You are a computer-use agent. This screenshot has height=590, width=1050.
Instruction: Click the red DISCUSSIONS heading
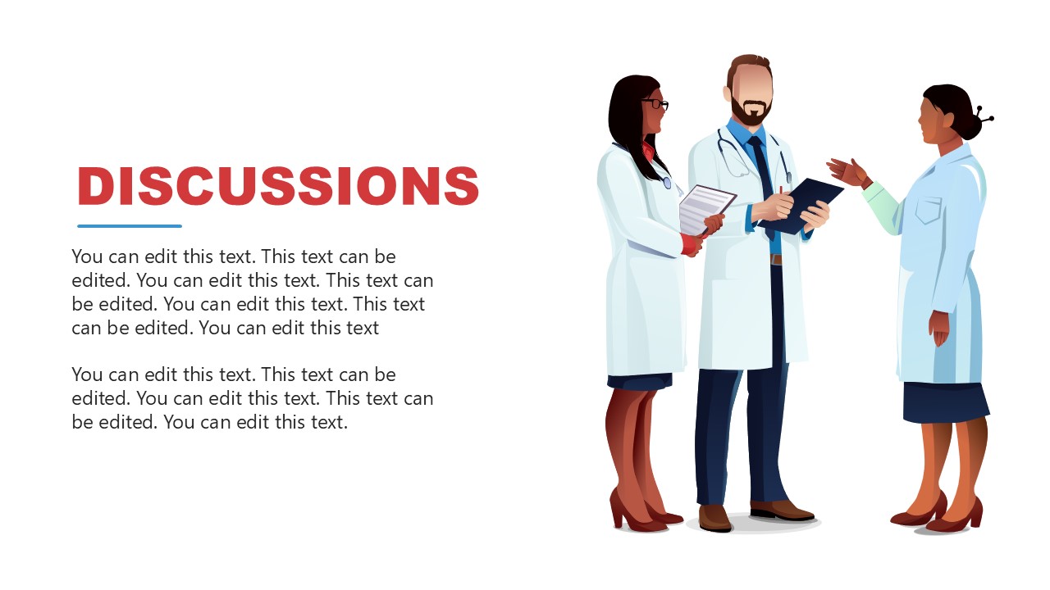[x=278, y=186]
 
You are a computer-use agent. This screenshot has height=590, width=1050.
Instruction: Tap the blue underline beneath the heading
[x=130, y=226]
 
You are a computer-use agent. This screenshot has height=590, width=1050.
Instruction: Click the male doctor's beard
[x=751, y=113]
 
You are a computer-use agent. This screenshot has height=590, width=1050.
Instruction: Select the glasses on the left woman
[x=656, y=104]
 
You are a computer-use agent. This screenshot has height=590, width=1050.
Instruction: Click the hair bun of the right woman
[x=969, y=125]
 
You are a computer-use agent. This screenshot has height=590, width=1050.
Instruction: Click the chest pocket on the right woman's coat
[x=928, y=211]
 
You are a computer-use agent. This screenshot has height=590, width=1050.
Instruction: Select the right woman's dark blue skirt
[x=946, y=402]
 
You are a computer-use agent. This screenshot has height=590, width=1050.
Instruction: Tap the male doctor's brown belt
[x=775, y=259]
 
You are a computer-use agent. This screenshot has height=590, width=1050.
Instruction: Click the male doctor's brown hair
[x=749, y=65]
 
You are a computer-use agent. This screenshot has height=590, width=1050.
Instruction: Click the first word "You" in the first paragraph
[x=87, y=256]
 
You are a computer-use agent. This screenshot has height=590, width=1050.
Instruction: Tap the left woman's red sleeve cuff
[x=690, y=244]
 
